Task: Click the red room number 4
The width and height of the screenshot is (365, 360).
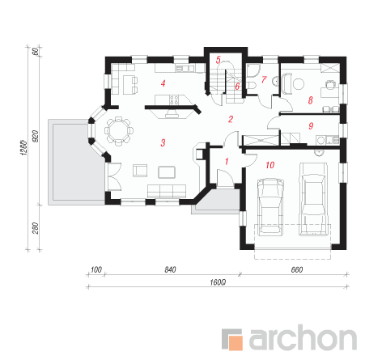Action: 163,83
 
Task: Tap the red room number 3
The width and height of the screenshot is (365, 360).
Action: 163,142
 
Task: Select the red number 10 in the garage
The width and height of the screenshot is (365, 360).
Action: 270,165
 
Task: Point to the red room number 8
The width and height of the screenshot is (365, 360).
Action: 310,100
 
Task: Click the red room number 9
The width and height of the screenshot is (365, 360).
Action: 311,125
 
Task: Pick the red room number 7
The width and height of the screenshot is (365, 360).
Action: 264,79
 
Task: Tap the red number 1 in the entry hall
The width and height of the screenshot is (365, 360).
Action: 227,161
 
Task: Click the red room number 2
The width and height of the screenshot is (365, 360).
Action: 231,119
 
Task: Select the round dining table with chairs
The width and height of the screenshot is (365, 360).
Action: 119,131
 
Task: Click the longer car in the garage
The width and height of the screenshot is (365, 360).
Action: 314,199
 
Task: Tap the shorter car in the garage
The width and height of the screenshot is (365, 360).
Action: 270,207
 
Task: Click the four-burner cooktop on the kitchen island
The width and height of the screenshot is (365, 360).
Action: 173,100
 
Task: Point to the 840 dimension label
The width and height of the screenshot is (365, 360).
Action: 170,269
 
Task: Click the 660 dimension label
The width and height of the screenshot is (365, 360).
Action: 297,269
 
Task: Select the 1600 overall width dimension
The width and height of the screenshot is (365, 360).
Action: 218,282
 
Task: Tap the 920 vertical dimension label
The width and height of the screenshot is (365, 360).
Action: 36,136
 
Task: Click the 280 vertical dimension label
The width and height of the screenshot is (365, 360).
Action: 36,228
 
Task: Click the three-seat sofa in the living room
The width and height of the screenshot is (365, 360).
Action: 167,191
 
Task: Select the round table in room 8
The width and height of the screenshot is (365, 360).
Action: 299,84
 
